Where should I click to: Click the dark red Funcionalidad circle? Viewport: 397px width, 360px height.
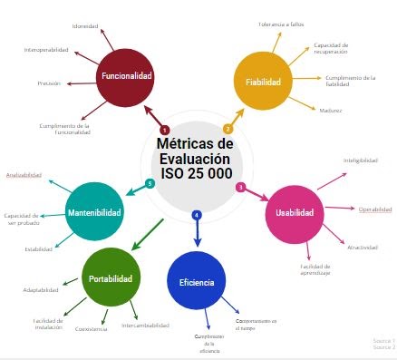127,76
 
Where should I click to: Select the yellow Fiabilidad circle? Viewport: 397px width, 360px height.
263,82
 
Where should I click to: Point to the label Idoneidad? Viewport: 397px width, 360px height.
85,26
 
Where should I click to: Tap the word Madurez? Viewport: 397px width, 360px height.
331,110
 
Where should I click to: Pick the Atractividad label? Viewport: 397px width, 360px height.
362,248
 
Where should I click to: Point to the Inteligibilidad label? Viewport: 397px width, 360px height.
359,161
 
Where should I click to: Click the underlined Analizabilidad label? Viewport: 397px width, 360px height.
24,174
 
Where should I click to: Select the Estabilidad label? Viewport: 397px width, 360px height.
38,248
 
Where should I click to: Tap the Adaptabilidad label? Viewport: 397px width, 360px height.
41,290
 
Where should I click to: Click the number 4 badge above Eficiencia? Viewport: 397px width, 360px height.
197,215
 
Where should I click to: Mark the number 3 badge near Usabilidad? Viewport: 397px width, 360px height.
240,187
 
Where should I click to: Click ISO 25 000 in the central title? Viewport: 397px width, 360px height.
196,173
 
